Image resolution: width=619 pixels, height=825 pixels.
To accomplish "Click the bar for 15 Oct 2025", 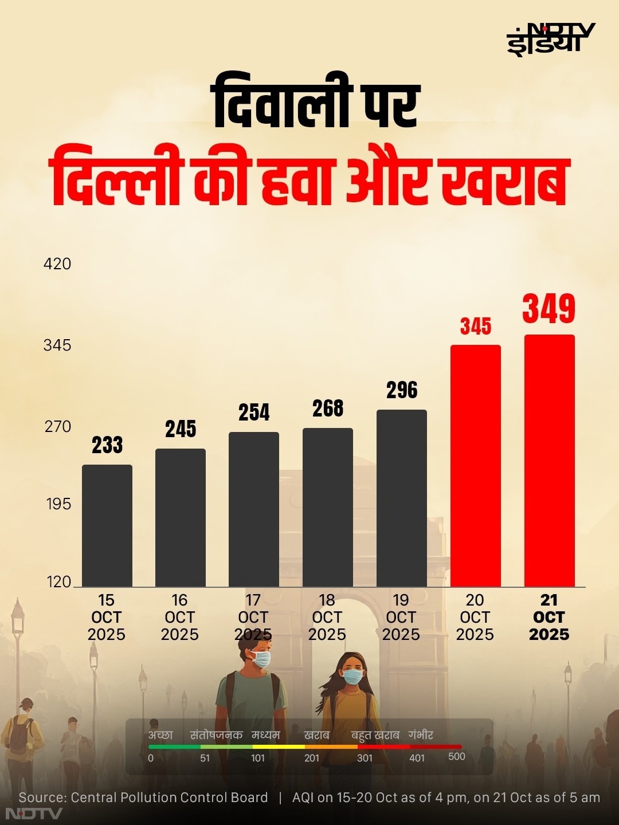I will coord(107,525).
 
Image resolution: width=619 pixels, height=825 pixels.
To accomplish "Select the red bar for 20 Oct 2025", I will coord(475,465).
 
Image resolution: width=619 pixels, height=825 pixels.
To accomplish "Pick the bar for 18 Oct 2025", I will coord(328,507).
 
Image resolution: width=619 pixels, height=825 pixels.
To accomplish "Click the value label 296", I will coord(402,390).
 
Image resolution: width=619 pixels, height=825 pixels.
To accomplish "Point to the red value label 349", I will coord(549,309).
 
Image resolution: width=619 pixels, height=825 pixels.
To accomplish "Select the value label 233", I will coord(107,445).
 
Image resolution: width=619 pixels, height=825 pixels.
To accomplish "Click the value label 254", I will coord(254,412).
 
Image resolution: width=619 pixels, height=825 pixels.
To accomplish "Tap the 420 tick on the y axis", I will coord(57,264).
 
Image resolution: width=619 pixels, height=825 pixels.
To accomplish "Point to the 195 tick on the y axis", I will coord(58,504).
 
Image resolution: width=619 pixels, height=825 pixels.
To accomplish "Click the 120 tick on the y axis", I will coord(58,582).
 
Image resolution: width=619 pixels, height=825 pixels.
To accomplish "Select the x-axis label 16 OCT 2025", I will coord(180,617).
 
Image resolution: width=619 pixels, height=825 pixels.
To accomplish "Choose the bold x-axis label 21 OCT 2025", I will coord(549,617).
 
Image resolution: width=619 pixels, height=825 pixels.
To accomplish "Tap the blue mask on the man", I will coord(261,659).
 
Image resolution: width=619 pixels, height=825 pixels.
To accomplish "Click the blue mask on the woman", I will coord(352,677).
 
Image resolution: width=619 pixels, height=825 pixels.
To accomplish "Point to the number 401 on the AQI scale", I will coord(417,758).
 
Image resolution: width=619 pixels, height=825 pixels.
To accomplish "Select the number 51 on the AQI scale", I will coord(205,758).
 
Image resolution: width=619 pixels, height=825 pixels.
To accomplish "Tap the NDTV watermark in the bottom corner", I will coord(33,814).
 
